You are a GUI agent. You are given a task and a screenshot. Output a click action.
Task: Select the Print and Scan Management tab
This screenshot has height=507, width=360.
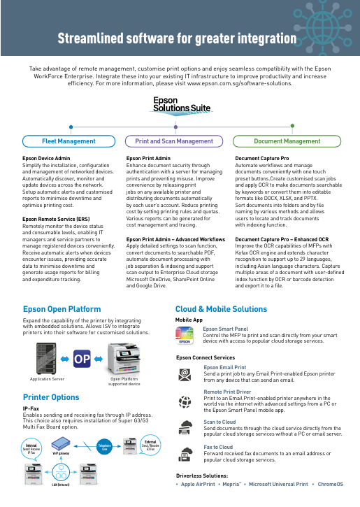point(174,141)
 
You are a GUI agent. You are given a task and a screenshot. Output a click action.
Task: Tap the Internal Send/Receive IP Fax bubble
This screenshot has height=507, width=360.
point(29,448)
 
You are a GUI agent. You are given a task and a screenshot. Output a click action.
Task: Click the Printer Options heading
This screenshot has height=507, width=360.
point(51,397)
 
